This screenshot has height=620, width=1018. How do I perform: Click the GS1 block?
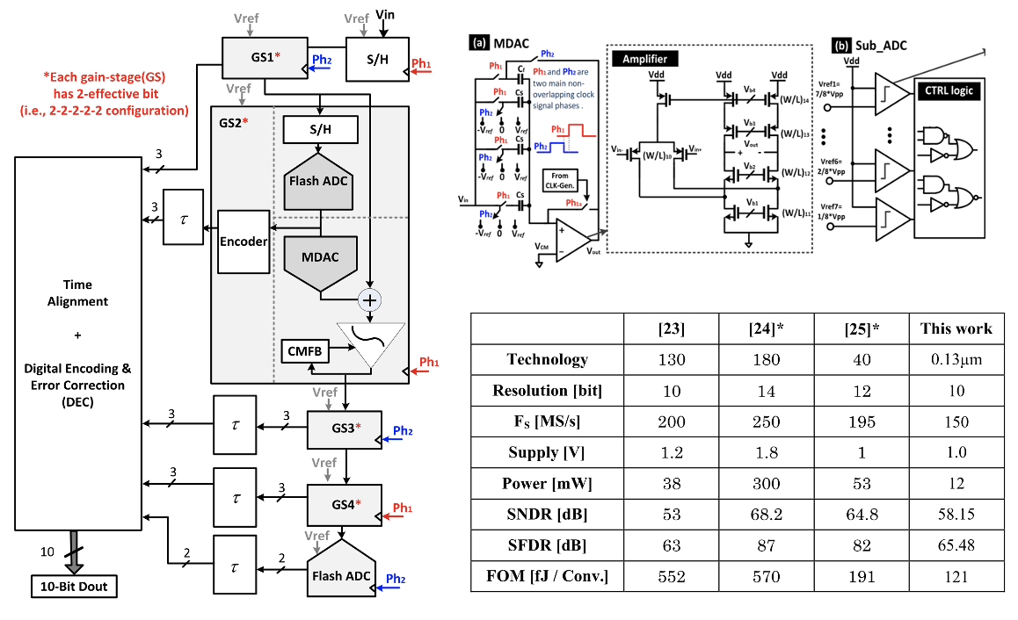[x=265, y=59]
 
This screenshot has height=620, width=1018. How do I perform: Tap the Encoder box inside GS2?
[x=243, y=242]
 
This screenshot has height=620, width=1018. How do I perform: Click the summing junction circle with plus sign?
[x=370, y=300]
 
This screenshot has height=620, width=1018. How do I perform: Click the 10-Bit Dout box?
[x=74, y=586]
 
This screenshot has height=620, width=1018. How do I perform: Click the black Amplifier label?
[x=644, y=58]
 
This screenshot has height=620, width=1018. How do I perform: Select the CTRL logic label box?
[x=947, y=90]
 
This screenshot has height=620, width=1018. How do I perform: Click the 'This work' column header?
[x=956, y=328]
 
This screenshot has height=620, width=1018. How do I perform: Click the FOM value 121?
[x=956, y=577]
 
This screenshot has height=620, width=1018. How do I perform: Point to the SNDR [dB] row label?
[x=547, y=515]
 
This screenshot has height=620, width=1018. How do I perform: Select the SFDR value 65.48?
[x=956, y=545]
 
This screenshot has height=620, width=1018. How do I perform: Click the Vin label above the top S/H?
[x=384, y=13]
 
